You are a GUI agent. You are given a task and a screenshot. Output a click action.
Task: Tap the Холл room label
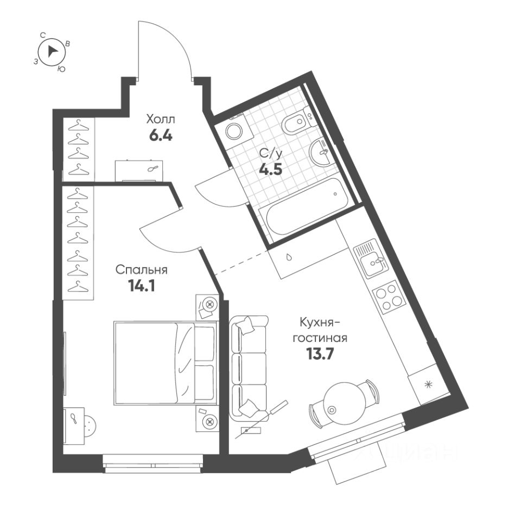tap(161, 118)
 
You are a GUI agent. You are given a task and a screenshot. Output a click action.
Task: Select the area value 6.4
tap(161, 135)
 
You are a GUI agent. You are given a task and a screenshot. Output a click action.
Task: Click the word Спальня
tap(141, 270)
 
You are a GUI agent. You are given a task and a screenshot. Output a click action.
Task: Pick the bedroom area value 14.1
tap(142, 286)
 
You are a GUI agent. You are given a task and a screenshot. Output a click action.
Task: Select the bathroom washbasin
tap(320, 153)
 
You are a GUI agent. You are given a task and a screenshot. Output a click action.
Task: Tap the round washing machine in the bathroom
tap(235, 131)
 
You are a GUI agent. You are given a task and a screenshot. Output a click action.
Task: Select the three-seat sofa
tap(248, 368)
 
